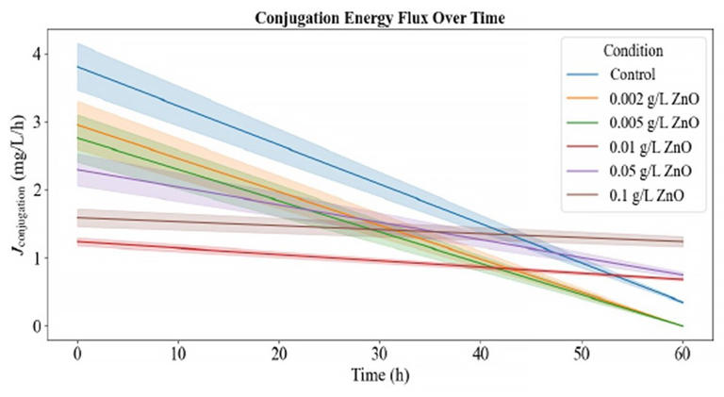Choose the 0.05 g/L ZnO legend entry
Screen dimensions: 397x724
pos(650,171)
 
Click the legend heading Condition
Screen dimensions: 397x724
pos(633,51)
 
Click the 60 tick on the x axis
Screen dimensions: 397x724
pos(682,352)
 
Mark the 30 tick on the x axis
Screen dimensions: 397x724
pos(379,352)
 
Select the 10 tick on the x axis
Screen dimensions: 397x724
pos(177,352)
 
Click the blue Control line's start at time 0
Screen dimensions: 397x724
pos(77,67)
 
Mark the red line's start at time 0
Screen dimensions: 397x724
pos(77,242)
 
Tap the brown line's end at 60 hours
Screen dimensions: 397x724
pos(682,242)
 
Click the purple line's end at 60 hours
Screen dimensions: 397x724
pos(682,274)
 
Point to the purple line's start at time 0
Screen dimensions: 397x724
pos(77,170)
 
